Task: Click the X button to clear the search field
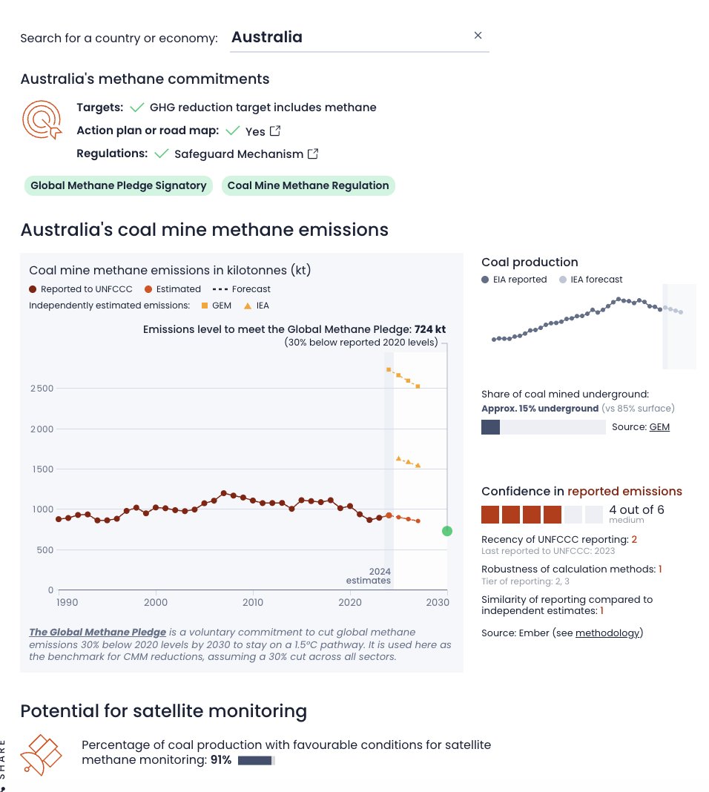pyautogui.click(x=478, y=36)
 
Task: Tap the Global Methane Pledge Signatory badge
pyautogui.click(x=118, y=185)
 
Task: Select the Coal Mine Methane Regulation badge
pyautogui.click(x=308, y=185)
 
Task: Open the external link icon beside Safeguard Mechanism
pyautogui.click(x=313, y=154)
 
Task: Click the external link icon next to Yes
pyautogui.click(x=275, y=131)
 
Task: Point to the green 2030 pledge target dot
pyautogui.click(x=446, y=531)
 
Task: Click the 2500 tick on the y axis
pyautogui.click(x=42, y=389)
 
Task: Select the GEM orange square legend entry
pyautogui.click(x=217, y=306)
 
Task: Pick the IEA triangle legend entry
pyautogui.click(x=257, y=306)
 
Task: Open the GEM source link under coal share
pyautogui.click(x=659, y=427)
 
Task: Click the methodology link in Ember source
pyautogui.click(x=607, y=633)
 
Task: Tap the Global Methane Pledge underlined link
pyautogui.click(x=97, y=633)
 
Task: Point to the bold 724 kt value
pyautogui.click(x=430, y=329)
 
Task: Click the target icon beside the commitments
pyautogui.click(x=42, y=119)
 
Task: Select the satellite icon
pyautogui.click(x=42, y=755)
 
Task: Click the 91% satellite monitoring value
pyautogui.click(x=221, y=760)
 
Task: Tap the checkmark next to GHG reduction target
pyautogui.click(x=136, y=108)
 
